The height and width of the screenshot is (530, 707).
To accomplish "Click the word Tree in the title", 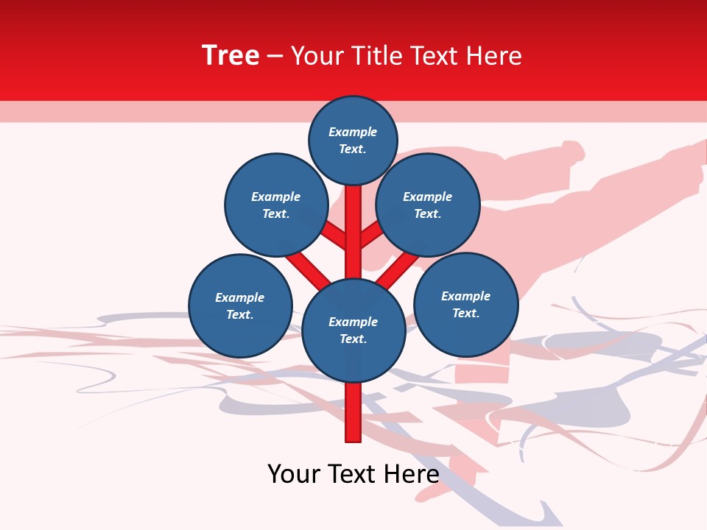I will click(231, 56).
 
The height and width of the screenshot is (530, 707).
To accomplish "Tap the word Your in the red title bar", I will click(317, 56).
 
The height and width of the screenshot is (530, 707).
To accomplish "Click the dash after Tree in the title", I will click(275, 57).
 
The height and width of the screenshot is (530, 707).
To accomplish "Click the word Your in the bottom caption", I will click(295, 474).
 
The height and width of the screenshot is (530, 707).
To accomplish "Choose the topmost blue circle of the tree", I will click(353, 140).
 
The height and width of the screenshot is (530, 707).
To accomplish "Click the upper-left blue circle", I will click(275, 205).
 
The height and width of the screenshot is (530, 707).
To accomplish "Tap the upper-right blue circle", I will click(427, 205).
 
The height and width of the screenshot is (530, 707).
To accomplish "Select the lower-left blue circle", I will click(240, 305).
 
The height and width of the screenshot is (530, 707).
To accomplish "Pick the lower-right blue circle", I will click(465, 304).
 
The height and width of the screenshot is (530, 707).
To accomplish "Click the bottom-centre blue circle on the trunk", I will click(353, 331).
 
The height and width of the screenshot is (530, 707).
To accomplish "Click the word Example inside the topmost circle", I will click(353, 132).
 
